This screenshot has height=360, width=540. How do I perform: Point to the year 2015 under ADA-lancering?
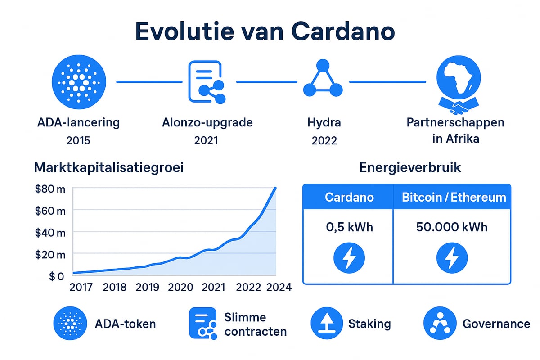[78, 140]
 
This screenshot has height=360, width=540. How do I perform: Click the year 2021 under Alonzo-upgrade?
[206, 140]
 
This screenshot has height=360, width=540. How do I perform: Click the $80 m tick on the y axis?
[49, 189]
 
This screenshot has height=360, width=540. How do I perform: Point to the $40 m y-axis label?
[49, 232]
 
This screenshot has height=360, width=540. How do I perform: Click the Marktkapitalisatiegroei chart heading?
[109, 168]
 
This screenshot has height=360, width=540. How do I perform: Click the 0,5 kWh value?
[349, 227]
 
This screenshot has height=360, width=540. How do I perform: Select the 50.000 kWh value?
[452, 227]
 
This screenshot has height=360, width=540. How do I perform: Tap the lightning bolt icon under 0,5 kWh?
[349, 258]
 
